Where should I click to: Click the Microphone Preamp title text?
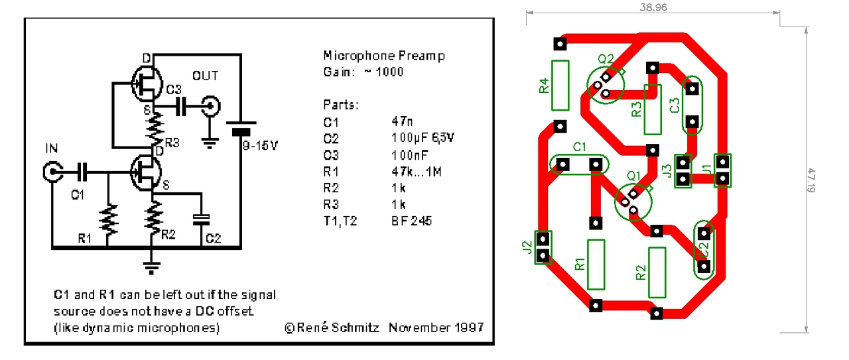pos(383,56)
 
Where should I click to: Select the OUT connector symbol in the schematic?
pos(211,105)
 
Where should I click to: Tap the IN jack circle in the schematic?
pos(52,172)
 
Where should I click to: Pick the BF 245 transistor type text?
pos(411,221)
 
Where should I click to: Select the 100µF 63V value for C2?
pos(423,139)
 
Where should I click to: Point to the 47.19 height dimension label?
pos(810,180)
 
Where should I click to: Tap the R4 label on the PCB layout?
pos(544,86)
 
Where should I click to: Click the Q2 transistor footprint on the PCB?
pos(606,86)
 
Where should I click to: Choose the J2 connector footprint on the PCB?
pos(543,247)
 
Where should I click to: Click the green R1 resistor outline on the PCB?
pos(596,265)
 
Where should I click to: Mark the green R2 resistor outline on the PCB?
pos(657,272)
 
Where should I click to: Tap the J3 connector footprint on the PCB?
pos(683,171)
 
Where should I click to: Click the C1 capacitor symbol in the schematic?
pos(82,172)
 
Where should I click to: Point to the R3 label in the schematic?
pos(172,142)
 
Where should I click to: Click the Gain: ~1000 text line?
pos(363,72)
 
